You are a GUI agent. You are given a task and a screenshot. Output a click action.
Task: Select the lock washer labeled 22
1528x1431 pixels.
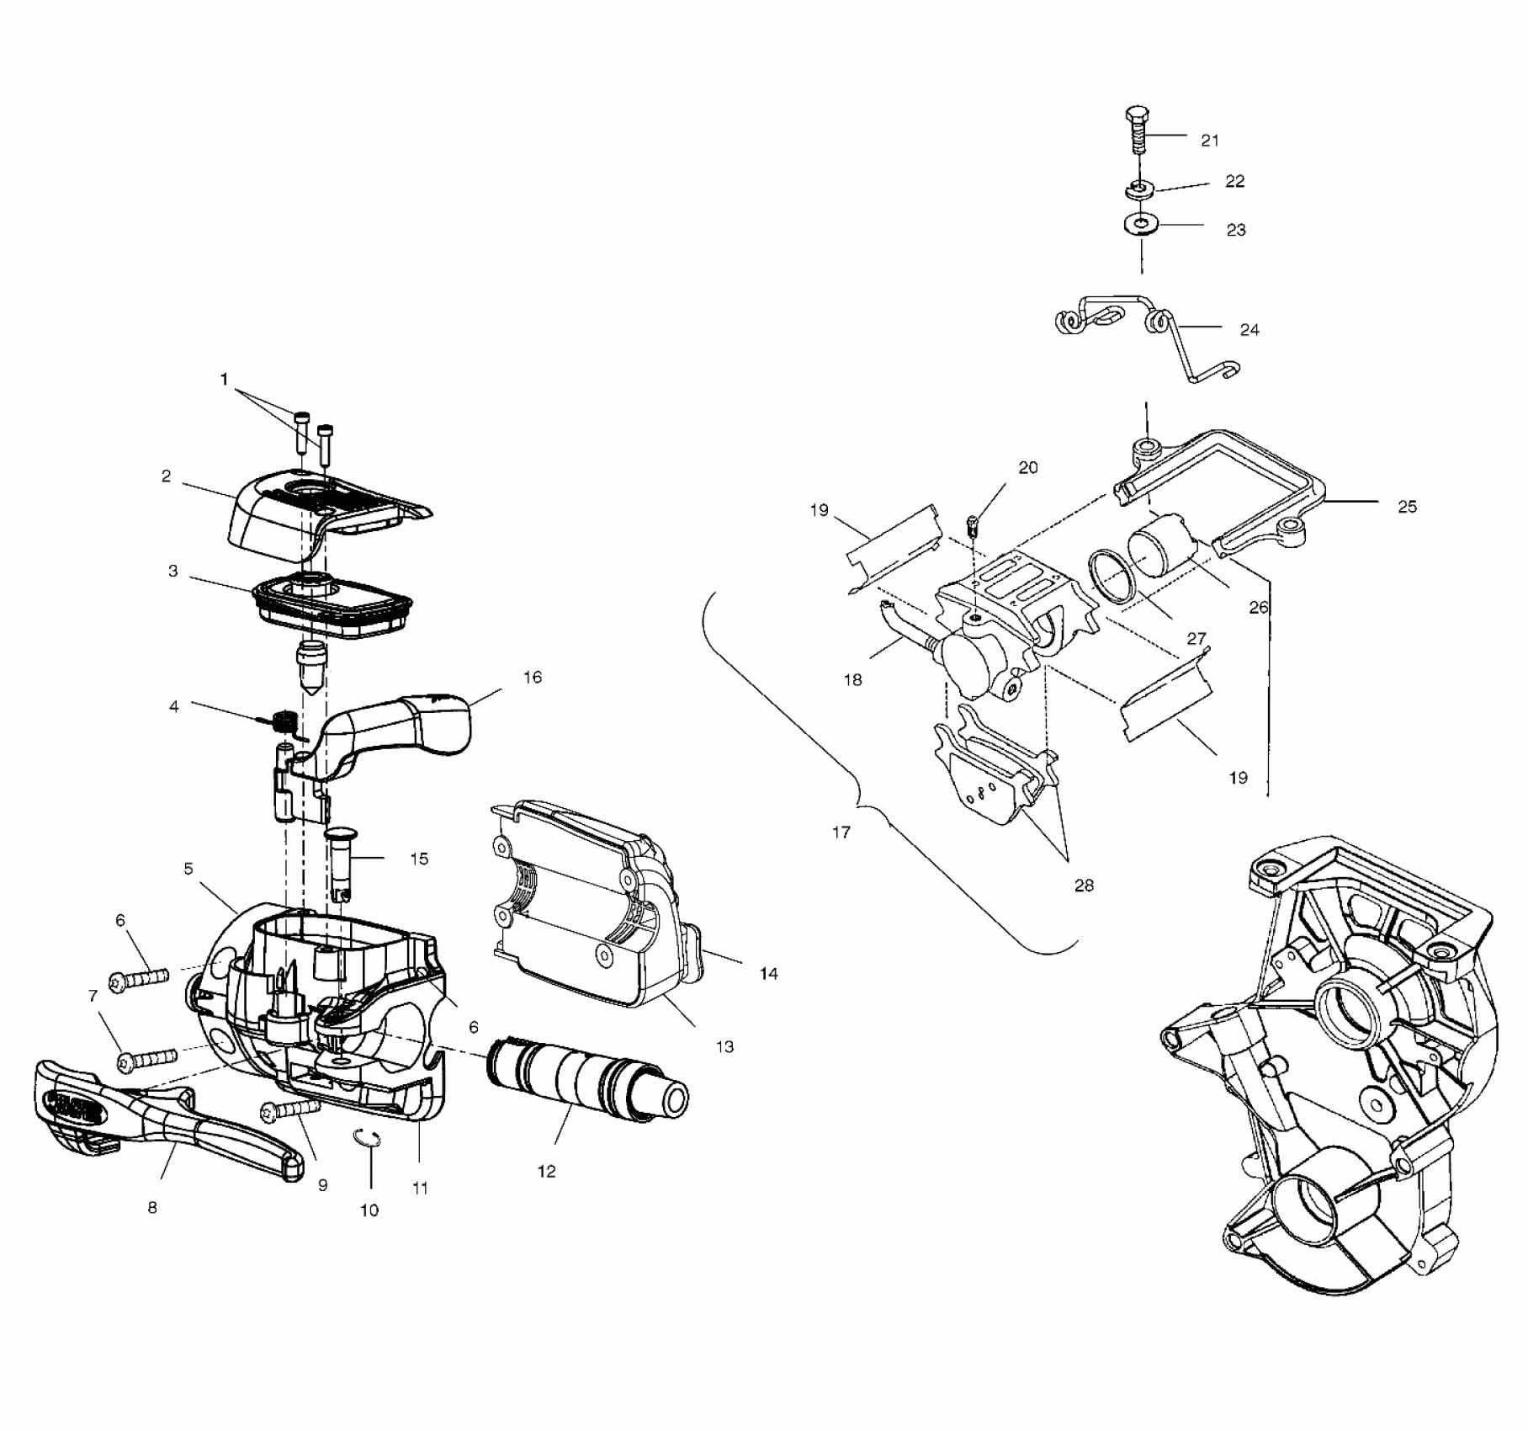pos(1138,189)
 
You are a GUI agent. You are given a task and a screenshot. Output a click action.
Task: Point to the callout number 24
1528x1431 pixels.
pos(1249,330)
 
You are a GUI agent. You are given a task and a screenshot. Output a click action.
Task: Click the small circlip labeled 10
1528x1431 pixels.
pos(367,1138)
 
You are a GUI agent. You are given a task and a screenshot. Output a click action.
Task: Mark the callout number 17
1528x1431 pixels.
pos(841,833)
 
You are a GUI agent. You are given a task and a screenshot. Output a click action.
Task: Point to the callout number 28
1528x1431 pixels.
pos(1084,886)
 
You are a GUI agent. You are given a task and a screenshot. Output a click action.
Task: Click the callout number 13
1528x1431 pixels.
pos(725,1046)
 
